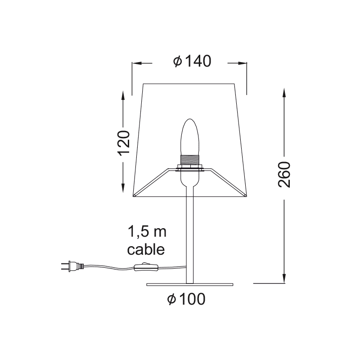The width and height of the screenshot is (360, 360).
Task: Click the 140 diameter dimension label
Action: point(192,62)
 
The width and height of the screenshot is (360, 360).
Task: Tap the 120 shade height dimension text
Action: point(123,143)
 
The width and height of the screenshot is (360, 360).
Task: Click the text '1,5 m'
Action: point(147,232)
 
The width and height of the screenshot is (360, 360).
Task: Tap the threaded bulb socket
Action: point(189,159)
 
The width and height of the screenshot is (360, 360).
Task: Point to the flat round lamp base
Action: point(190,285)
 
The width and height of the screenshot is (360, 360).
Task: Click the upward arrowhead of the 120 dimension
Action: point(123,94)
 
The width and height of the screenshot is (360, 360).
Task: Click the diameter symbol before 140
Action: point(177,62)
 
